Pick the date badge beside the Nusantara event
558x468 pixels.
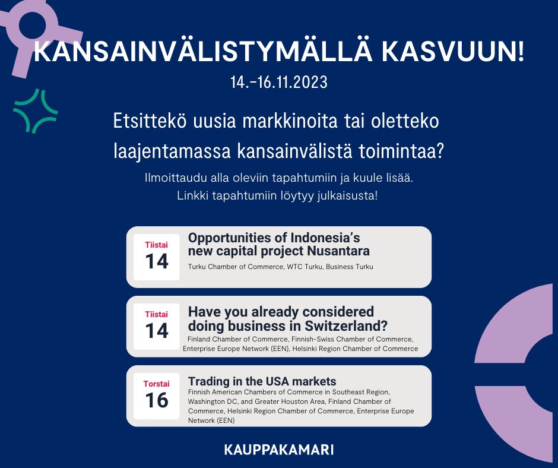[156, 257]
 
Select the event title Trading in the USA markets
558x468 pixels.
[262, 381]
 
